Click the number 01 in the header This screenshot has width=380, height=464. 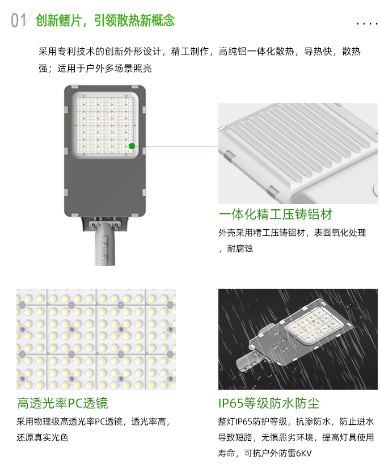(x=18, y=20)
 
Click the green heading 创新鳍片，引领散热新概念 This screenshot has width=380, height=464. (x=105, y=21)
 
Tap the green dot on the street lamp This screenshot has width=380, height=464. (x=132, y=146)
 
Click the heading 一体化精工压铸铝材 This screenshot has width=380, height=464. (x=275, y=214)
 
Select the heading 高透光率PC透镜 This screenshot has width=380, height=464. (x=62, y=403)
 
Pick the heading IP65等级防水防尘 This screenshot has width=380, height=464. (x=268, y=403)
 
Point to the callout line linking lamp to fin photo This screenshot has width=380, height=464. (x=176, y=146)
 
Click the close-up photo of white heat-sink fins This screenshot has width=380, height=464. (x=298, y=153)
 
